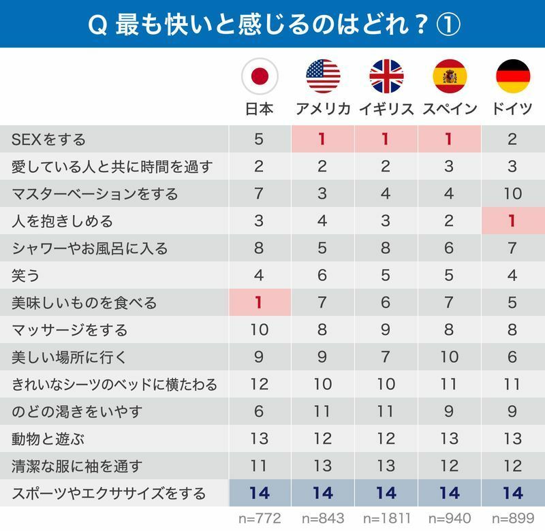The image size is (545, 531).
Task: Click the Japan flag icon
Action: pos(260,76)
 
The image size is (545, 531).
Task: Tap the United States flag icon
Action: pos(323,76)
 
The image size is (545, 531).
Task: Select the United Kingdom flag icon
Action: pos(386,76)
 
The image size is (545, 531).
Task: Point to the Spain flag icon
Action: pos(450,76)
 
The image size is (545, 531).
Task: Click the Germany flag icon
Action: pos(513,76)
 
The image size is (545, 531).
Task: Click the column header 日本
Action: pos(260,110)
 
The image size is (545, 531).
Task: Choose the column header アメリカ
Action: pos(323,110)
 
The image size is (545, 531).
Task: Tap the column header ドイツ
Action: pos(513,110)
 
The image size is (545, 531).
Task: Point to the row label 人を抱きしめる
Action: pos(62,221)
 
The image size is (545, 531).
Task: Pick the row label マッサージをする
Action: pos(69,330)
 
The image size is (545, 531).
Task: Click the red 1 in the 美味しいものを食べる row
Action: pos(259,303)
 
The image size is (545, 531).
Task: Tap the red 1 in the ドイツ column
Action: pos(513,221)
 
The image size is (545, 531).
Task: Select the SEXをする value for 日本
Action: pos(259,140)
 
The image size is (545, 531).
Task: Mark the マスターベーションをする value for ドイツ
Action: pos(513,194)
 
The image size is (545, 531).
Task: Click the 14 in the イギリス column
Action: pos(386,493)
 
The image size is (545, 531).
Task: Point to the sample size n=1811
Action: pos(386,519)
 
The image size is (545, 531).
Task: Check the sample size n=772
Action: pos(259,519)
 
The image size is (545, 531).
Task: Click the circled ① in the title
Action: pos(446,25)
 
